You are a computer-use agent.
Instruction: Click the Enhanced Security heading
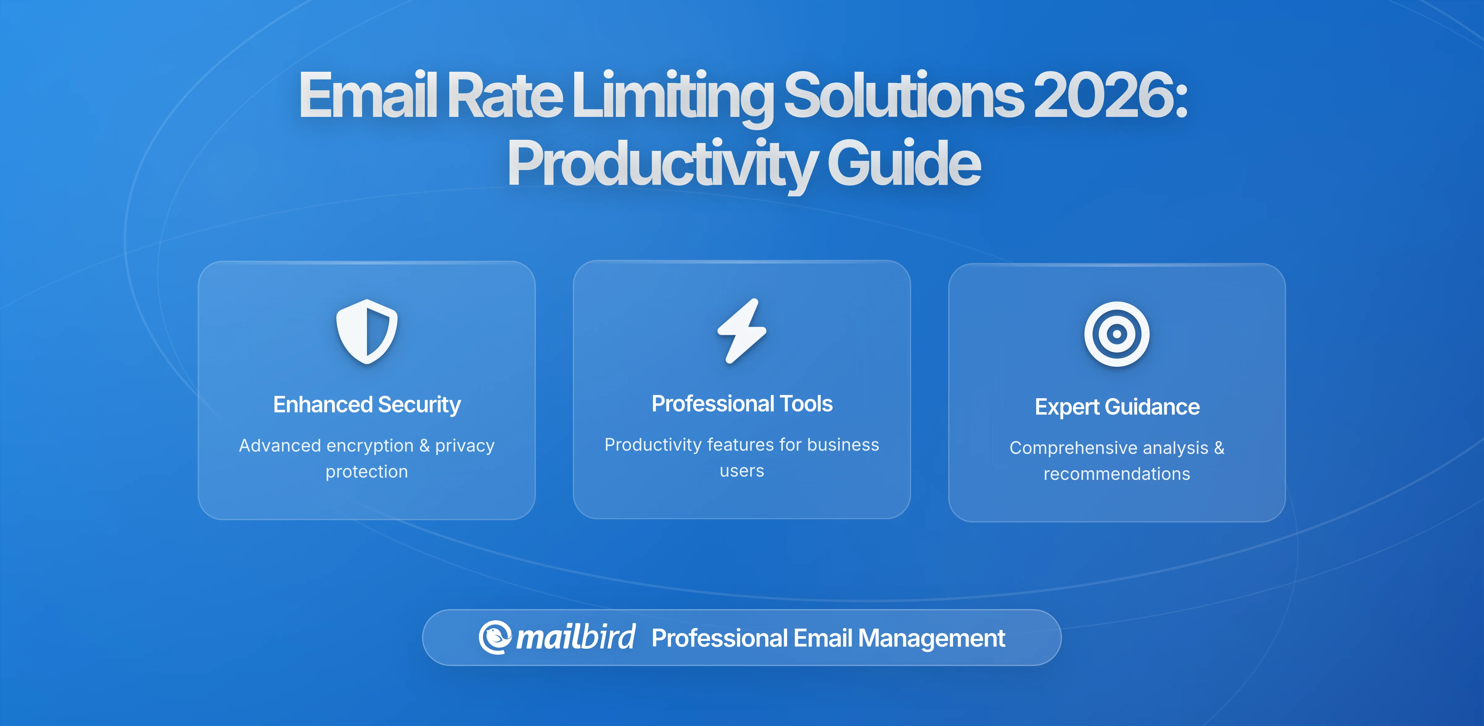pos(367,404)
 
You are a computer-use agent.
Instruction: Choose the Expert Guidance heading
pos(1116,407)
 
